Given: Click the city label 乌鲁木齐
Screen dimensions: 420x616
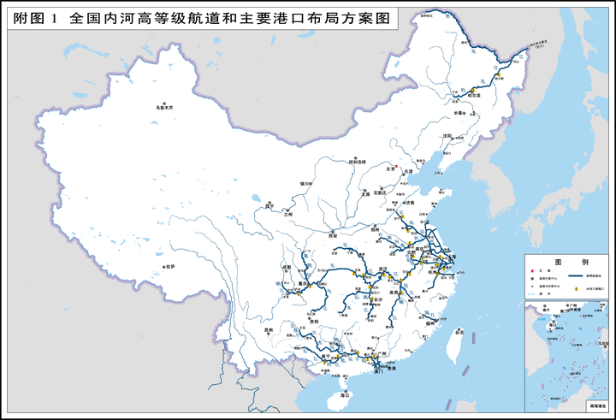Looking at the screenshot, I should (163, 108).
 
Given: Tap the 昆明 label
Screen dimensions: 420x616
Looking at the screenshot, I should (268, 329).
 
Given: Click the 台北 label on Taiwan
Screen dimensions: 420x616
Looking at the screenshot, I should (459, 331).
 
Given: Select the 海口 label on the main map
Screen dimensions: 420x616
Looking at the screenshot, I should (345, 396).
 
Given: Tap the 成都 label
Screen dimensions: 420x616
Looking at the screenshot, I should (286, 269).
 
